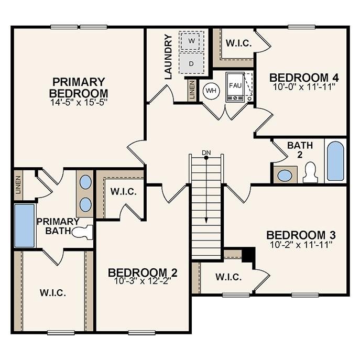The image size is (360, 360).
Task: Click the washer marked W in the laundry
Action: pyautogui.click(x=192, y=41)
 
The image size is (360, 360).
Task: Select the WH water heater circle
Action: pyautogui.click(x=211, y=90)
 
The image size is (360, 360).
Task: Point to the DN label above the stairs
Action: pyautogui.click(x=206, y=153)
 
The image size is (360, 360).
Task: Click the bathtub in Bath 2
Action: pyautogui.click(x=335, y=160)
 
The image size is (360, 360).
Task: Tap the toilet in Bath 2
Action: pyautogui.click(x=310, y=172)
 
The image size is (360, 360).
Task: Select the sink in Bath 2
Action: pyautogui.click(x=285, y=175)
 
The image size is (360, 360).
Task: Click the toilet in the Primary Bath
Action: pyautogui.click(x=83, y=231)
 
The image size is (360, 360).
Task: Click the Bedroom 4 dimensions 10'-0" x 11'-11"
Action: pyautogui.click(x=302, y=86)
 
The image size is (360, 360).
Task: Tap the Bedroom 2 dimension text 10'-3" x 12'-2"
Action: pyautogui.click(x=142, y=280)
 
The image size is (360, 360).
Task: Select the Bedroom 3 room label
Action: pyautogui.click(x=301, y=235)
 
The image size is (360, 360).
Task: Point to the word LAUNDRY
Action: pyautogui.click(x=168, y=57)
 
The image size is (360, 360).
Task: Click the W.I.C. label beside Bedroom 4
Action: pyautogui.click(x=238, y=43)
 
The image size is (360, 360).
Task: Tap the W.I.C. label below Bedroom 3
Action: pyautogui.click(x=228, y=277)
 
